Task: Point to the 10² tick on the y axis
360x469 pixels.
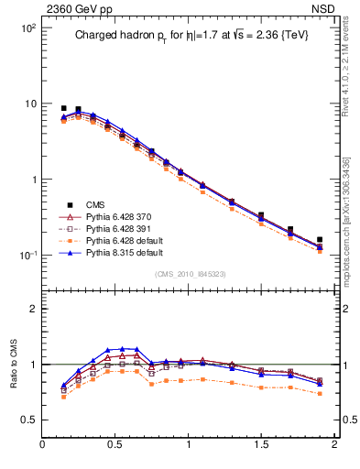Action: [x=27, y=27]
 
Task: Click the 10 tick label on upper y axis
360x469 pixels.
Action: [x=29, y=104]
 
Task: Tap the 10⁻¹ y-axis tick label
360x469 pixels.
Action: [x=26, y=255]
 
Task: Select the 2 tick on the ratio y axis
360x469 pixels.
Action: [x=32, y=309]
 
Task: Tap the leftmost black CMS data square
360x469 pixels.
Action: [x=64, y=108]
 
